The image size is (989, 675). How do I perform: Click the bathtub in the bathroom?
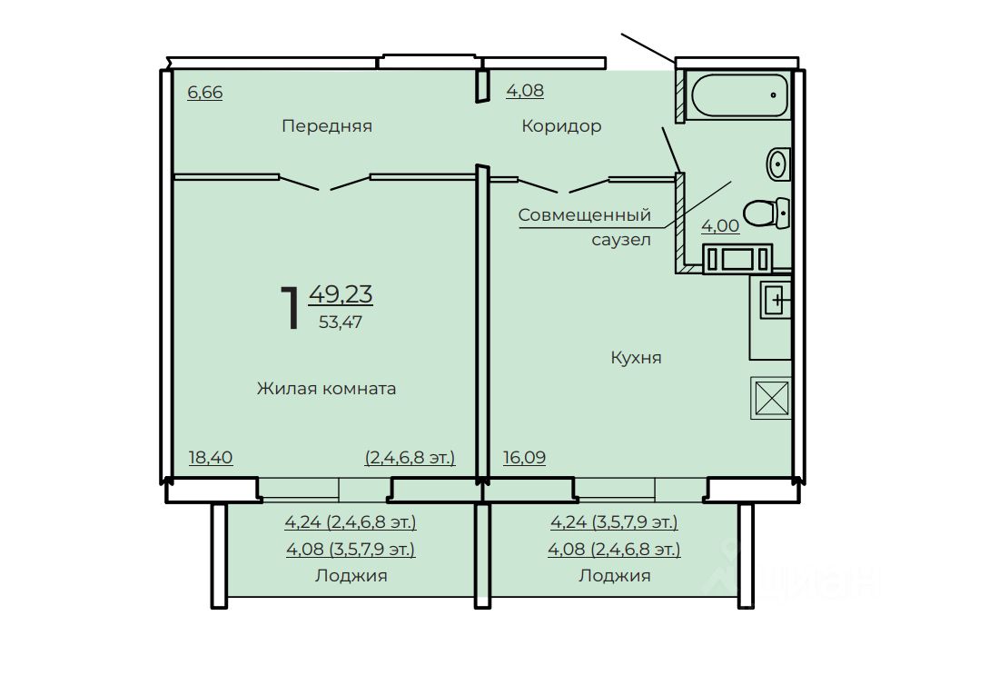739,95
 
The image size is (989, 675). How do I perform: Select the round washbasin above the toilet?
778,164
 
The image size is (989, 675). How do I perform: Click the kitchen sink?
776,300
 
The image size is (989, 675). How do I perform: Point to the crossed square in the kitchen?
771,398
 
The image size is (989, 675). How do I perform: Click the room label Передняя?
327,126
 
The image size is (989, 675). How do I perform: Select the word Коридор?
561,126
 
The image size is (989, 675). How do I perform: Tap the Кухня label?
636,358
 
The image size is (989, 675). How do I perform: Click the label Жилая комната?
326,388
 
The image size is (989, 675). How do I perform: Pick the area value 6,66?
205,92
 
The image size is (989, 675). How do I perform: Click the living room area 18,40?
211,457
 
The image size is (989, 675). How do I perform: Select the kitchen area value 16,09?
524,457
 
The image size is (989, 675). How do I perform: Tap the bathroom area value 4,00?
720,225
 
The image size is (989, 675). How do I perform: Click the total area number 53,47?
341,322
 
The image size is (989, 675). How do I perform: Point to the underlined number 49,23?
341,294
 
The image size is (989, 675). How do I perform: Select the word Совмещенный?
585,215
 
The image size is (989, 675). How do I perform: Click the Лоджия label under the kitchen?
615,575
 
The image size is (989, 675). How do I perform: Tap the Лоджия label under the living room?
351,575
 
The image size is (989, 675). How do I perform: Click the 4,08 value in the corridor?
525,90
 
